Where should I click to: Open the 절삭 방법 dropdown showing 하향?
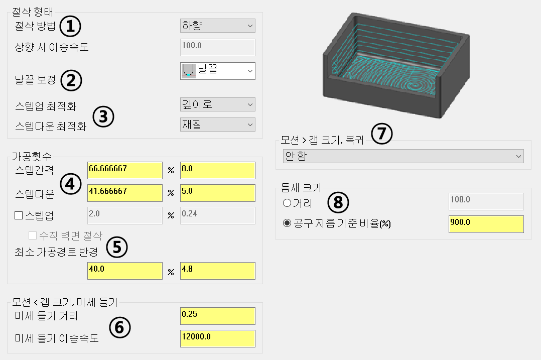217,26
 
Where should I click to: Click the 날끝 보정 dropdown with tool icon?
217,71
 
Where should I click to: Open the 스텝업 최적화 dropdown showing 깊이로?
217,104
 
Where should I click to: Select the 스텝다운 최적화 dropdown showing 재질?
217,125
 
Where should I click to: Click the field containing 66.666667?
124,170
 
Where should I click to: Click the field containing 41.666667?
124,193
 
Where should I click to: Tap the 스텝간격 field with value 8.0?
217,170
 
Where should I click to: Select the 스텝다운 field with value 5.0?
217,193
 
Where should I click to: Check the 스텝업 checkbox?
19,216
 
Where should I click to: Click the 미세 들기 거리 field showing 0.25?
217,316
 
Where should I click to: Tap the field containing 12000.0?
217,338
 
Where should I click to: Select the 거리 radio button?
287,203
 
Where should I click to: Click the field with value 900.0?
485,224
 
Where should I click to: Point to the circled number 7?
382,134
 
